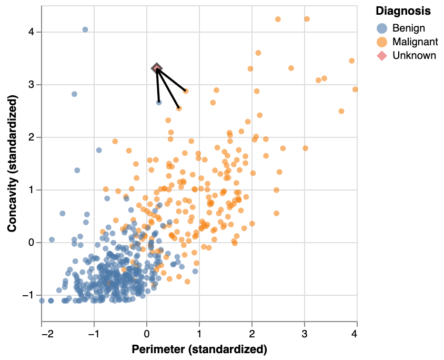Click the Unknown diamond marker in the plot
(x=157, y=68)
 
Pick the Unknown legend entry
(x=414, y=55)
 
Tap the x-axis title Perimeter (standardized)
(x=199, y=349)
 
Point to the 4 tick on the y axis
(x=32, y=32)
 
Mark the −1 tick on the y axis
(x=29, y=295)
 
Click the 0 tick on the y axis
(x=32, y=243)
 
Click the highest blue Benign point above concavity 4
(x=85, y=29)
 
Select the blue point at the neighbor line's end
(x=159, y=102)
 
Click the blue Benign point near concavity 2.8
(x=74, y=94)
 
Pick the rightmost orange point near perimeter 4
(x=355, y=89)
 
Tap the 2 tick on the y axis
(x=32, y=137)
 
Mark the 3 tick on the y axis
(x=32, y=85)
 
